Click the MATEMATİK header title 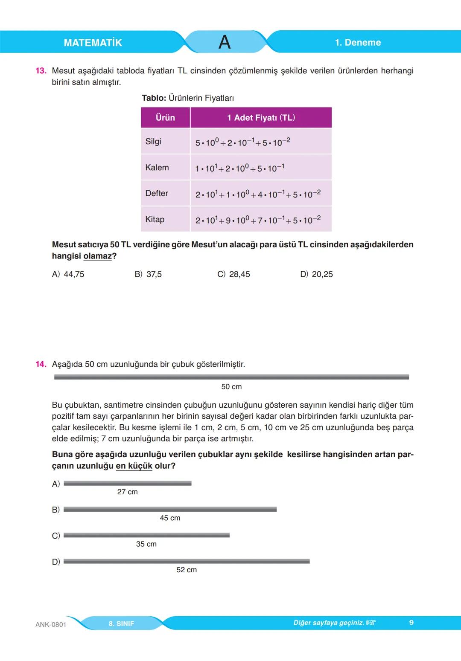click(x=93, y=43)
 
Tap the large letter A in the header click(x=225, y=42)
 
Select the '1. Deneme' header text click(x=358, y=43)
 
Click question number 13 click(x=41, y=71)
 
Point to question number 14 click(x=41, y=364)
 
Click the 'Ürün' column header click(x=165, y=118)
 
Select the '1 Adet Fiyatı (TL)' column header click(x=261, y=118)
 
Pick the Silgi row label click(x=153, y=142)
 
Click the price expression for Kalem click(x=239, y=168)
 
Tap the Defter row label click(x=157, y=193)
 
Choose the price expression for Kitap click(x=258, y=220)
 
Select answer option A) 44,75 click(x=68, y=274)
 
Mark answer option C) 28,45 click(x=233, y=274)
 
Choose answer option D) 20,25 click(x=316, y=274)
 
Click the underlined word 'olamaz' click(x=97, y=256)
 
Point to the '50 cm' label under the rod click(x=231, y=387)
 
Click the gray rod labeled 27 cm click(x=127, y=484)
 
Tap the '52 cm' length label click(x=187, y=570)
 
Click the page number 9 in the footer click(x=411, y=623)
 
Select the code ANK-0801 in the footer click(x=51, y=624)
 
